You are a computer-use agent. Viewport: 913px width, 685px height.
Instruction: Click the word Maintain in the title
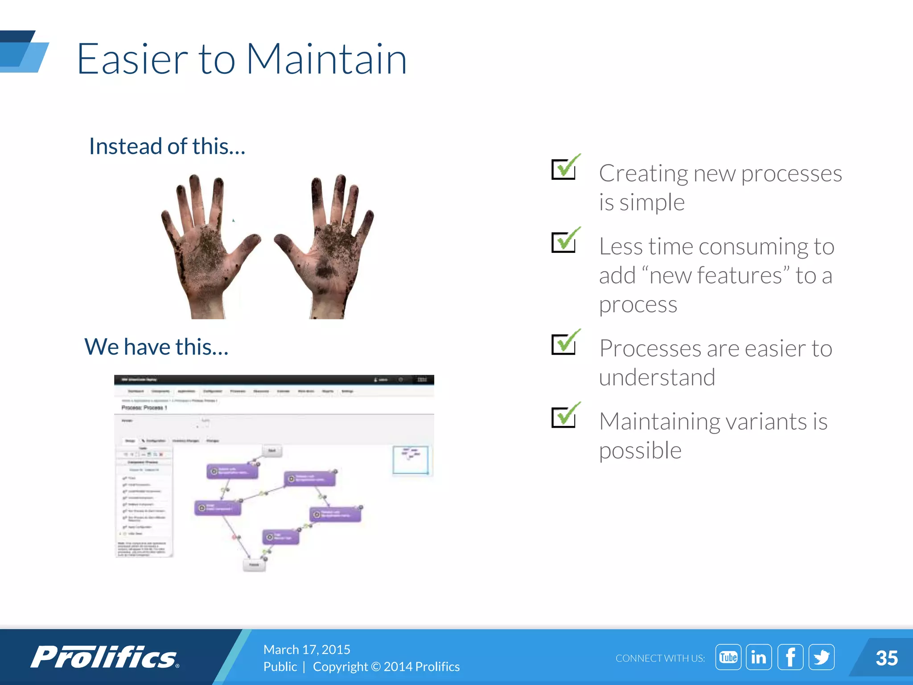[326, 59]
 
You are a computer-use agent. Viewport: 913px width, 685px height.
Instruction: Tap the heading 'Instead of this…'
[167, 147]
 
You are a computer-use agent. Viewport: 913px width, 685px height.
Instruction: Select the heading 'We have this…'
[156, 347]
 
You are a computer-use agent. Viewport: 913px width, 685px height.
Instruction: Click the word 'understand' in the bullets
[657, 378]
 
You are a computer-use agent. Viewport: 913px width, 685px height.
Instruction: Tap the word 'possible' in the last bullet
[640, 451]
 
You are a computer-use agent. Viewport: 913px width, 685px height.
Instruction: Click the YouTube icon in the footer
[728, 657]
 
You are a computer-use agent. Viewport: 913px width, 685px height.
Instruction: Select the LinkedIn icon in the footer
[759, 657]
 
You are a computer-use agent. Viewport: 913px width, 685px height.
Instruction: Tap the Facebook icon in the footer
[790, 657]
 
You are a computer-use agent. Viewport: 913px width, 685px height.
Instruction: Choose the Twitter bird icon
[822, 657]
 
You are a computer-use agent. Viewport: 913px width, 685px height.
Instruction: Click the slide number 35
[886, 658]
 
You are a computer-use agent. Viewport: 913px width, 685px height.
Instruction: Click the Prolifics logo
[105, 657]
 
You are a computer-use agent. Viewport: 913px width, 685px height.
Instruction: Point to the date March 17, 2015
[307, 649]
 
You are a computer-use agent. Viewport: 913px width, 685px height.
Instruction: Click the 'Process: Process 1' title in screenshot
[144, 408]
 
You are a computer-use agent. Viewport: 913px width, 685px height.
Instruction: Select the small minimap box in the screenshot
[411, 460]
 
